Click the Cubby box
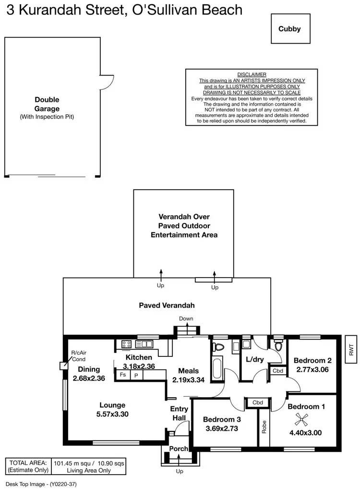(x=289, y=29)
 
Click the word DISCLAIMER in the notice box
(x=252, y=74)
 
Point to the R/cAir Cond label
(x=78, y=355)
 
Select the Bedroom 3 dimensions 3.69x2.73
(x=221, y=428)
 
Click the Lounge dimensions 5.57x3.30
(x=112, y=414)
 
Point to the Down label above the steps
(x=186, y=318)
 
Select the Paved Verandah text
(x=167, y=305)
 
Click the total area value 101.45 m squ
(x=72, y=463)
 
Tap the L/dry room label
(x=255, y=359)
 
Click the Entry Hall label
(x=179, y=413)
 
